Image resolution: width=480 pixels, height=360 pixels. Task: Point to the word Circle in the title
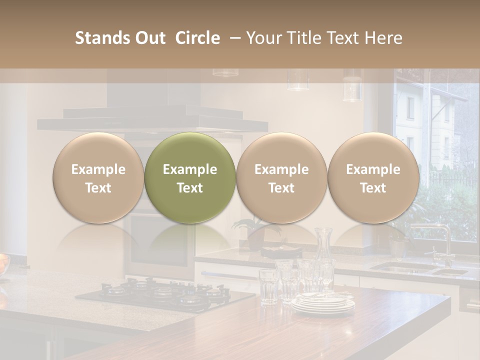[197, 38]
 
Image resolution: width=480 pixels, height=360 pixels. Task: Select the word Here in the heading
[383, 38]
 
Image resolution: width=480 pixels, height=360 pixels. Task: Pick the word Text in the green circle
[190, 188]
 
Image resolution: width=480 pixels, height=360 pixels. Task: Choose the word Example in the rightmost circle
[373, 169]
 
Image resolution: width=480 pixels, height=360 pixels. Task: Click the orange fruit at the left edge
[3, 262]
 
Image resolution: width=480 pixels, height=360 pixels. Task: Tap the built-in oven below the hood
[155, 240]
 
